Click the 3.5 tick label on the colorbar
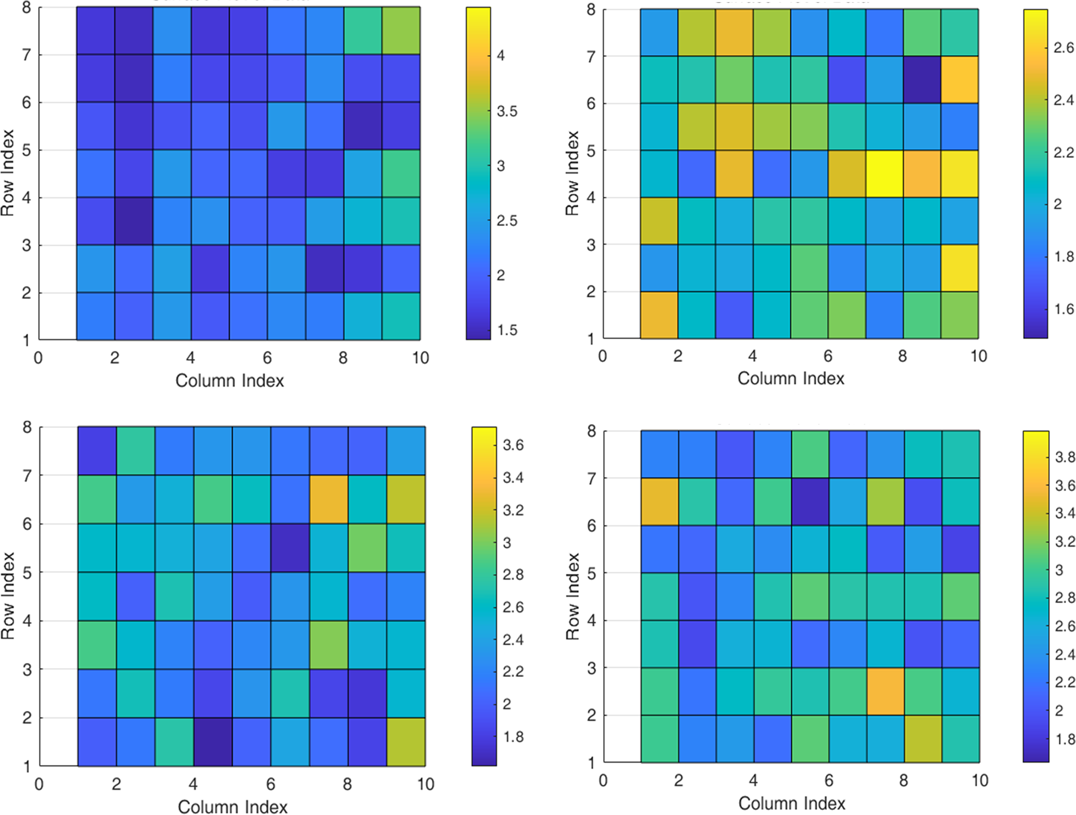click(507, 111)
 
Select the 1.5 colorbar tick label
click(507, 330)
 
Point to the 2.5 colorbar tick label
click(507, 221)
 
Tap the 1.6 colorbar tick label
click(1064, 309)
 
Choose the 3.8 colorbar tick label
click(1065, 457)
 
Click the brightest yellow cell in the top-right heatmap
click(884, 174)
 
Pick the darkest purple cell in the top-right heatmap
click(922, 80)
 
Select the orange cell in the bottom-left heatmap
click(328, 499)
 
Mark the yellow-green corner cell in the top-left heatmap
click(401, 31)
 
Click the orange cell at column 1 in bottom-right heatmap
click(660, 501)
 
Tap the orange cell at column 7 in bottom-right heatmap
click(885, 692)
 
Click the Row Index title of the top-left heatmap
click(8, 173)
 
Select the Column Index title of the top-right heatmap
click(791, 378)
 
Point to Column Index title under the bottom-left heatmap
click(233, 807)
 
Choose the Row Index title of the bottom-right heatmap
click(573, 596)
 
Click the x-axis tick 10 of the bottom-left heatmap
click(425, 784)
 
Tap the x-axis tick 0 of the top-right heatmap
click(602, 356)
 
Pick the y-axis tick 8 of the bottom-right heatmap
click(591, 431)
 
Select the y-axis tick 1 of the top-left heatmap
click(26, 341)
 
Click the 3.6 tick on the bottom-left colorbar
click(513, 445)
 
